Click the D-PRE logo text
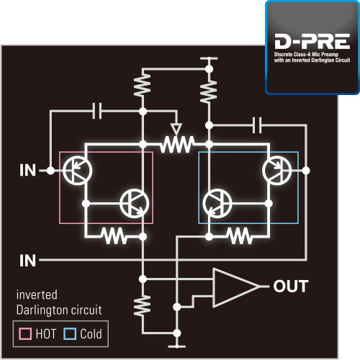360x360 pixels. coord(312,41)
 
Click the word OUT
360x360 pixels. coord(291,286)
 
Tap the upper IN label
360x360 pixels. coord(28,171)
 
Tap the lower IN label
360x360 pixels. coord(28,261)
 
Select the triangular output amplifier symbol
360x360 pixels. coord(236,287)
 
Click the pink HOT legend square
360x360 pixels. coord(25,333)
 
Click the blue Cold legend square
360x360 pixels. coord(70,333)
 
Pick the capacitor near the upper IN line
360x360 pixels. coord(97,111)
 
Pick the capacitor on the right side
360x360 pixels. coord(257,125)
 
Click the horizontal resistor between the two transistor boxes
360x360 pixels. coord(177,144)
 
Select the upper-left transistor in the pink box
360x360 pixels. coord(77,171)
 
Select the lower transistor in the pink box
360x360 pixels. coord(135,204)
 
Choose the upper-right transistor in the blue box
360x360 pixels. coord(277,171)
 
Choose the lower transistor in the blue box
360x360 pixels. coord(217,204)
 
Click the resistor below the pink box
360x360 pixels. coord(114,236)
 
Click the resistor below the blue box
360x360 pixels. coord(240,236)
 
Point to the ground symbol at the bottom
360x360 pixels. coord(177,346)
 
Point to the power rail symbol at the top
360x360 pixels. coord(209,58)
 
